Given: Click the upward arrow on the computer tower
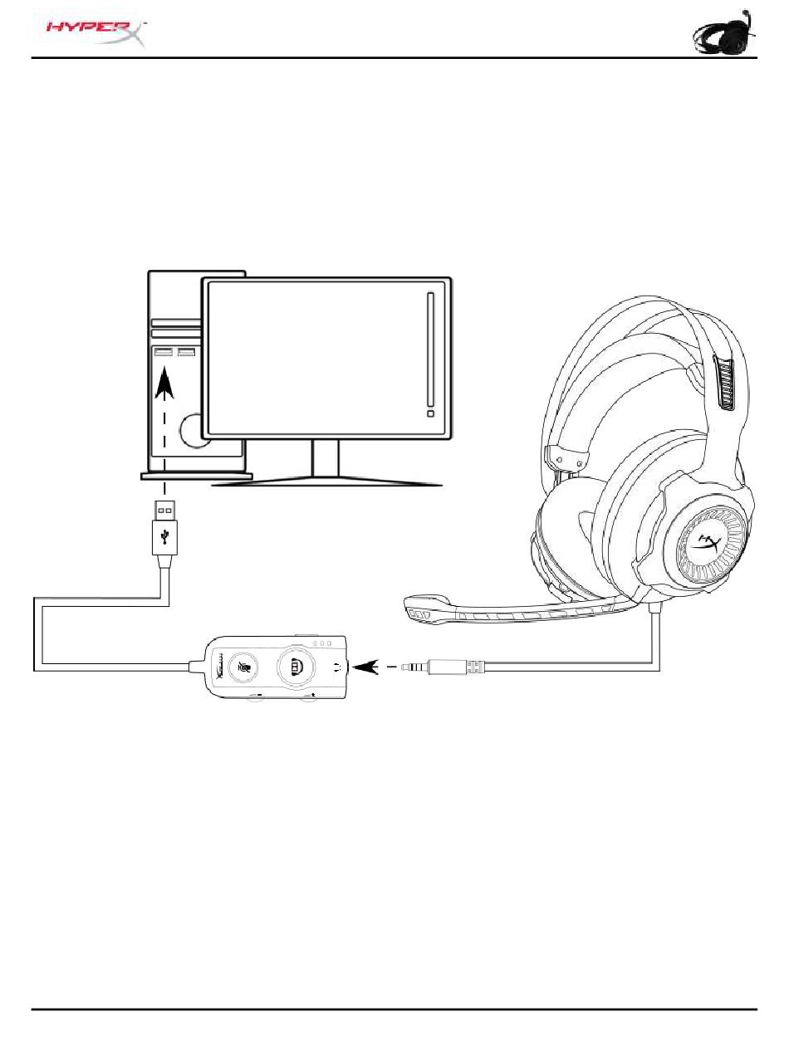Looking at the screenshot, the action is tap(166, 387).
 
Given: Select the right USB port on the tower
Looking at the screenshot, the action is tap(187, 354).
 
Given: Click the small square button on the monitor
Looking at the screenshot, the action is tap(429, 413).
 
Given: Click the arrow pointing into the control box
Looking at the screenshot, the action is tap(366, 665).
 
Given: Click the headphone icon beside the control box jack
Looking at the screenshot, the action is tap(336, 665).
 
